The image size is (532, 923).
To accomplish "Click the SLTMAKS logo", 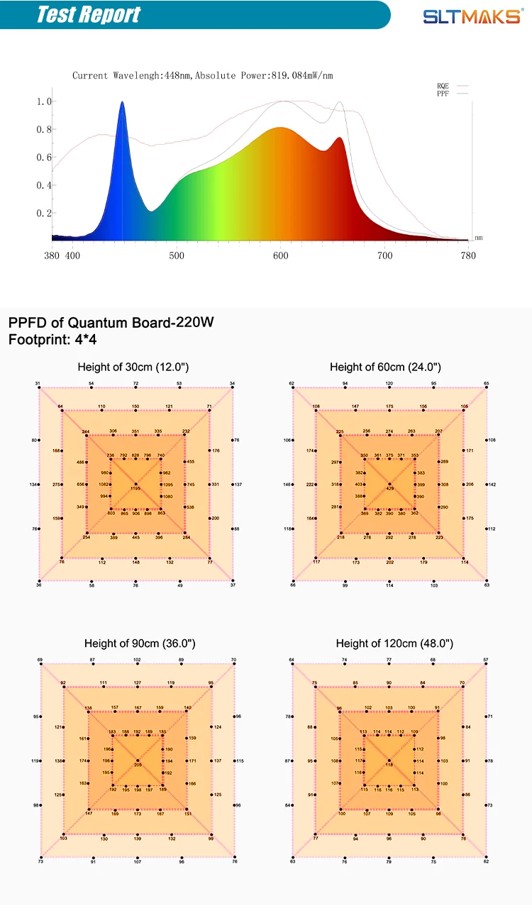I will (470, 16).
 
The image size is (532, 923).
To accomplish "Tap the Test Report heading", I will (89, 15).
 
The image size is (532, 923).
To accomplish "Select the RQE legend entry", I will (443, 85).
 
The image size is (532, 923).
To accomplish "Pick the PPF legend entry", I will (443, 93).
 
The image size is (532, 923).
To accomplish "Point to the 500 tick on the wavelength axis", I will (177, 255).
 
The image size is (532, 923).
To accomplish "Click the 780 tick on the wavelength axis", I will (468, 255).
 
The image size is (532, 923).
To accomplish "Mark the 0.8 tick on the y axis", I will (44, 129).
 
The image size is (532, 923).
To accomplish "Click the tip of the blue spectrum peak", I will (122, 102).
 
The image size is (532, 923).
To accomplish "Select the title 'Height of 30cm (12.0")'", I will (133, 367).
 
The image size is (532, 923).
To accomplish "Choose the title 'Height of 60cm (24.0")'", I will (385, 367).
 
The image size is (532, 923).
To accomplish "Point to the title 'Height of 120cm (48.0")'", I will (394, 643).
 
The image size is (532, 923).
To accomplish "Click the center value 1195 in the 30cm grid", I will (135, 489).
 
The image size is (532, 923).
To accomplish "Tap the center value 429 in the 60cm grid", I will (389, 489).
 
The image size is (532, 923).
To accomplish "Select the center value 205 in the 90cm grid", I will (138, 764).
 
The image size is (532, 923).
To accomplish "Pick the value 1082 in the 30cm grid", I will (104, 484).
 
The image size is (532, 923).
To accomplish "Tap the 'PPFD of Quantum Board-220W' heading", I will (111, 323).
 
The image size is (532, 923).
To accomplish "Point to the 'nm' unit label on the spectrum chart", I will (479, 238).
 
